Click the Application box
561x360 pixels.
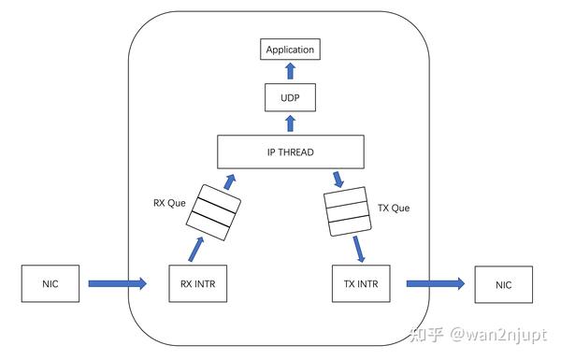(290, 49)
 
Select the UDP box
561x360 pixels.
(290, 98)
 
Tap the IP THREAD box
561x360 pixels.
(290, 151)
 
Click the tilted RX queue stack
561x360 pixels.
(214, 211)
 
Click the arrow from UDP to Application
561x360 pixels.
(290, 70)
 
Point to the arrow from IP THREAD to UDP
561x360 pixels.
(290, 122)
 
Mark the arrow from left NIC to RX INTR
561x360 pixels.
(115, 281)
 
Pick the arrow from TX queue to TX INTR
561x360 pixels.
(358, 248)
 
